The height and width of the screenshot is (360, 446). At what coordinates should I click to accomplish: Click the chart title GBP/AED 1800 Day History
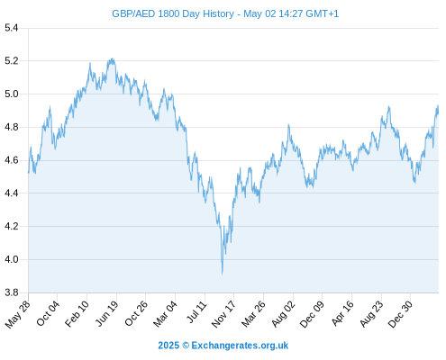tap(173, 13)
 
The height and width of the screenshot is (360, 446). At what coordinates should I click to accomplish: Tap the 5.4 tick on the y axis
tap(12, 28)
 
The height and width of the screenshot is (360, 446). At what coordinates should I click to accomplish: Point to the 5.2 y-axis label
tap(12, 61)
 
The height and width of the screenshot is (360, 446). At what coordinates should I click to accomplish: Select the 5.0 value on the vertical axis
tap(12, 94)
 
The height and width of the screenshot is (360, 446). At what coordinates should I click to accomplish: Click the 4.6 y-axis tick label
tap(12, 160)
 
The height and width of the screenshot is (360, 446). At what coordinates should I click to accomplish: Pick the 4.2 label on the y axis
tap(12, 226)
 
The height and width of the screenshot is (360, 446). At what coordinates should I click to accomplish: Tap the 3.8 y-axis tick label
tap(12, 292)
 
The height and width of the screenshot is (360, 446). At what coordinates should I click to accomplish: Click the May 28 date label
tap(18, 314)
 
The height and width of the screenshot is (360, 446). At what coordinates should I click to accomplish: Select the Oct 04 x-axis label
tap(48, 313)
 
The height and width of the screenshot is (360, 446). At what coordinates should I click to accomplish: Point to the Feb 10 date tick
tap(77, 313)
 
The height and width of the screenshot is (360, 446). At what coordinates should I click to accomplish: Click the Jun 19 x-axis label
tap(106, 313)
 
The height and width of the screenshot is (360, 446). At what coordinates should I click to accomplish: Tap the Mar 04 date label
tap(165, 314)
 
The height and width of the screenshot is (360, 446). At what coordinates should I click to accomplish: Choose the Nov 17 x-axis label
tap(223, 314)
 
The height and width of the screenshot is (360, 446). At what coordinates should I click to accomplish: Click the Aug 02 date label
tap(283, 314)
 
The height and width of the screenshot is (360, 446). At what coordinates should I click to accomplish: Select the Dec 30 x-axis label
tap(400, 314)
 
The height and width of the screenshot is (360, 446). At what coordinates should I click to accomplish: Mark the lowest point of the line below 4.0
tap(223, 274)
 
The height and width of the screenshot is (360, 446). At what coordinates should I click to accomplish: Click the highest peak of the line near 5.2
tap(113, 58)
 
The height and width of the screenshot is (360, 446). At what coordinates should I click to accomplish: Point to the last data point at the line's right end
tap(438, 112)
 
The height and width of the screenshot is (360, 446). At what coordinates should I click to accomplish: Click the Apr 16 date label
tap(342, 313)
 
